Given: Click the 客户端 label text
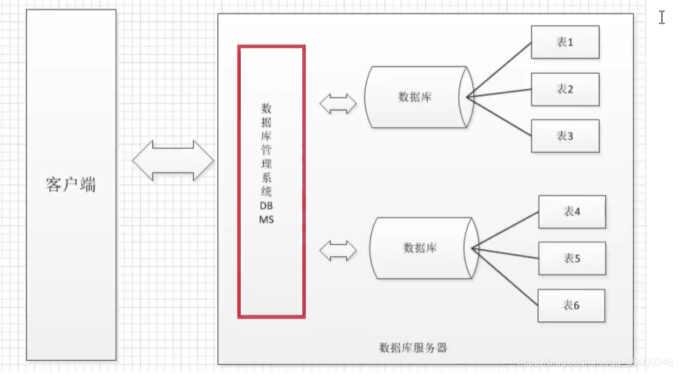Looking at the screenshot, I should pyautogui.click(x=71, y=185).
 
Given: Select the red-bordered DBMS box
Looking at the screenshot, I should pyautogui.click(x=271, y=181).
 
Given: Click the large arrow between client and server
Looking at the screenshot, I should pyautogui.click(x=173, y=160).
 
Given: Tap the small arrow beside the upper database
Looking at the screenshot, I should pyautogui.click(x=338, y=104).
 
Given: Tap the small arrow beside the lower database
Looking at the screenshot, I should pyautogui.click(x=338, y=251).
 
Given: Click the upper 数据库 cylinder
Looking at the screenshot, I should pyautogui.click(x=416, y=97).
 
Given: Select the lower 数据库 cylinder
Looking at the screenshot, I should pyautogui.click(x=420, y=247).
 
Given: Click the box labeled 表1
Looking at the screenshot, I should pyautogui.click(x=565, y=42).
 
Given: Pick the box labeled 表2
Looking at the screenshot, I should pyautogui.click(x=565, y=89).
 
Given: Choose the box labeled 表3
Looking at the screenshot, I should pyautogui.click(x=565, y=136).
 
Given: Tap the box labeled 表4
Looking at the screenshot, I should pyautogui.click(x=572, y=211).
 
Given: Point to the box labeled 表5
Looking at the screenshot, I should pyautogui.click(x=572, y=258).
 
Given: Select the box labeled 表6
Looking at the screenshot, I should pyautogui.click(x=571, y=305).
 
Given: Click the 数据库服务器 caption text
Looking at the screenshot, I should pyautogui.click(x=413, y=348).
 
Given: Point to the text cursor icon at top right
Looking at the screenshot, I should pyautogui.click(x=662, y=18).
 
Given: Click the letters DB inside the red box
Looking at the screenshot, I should pyautogui.click(x=266, y=206).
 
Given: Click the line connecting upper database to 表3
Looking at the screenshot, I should pyautogui.click(x=499, y=116).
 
